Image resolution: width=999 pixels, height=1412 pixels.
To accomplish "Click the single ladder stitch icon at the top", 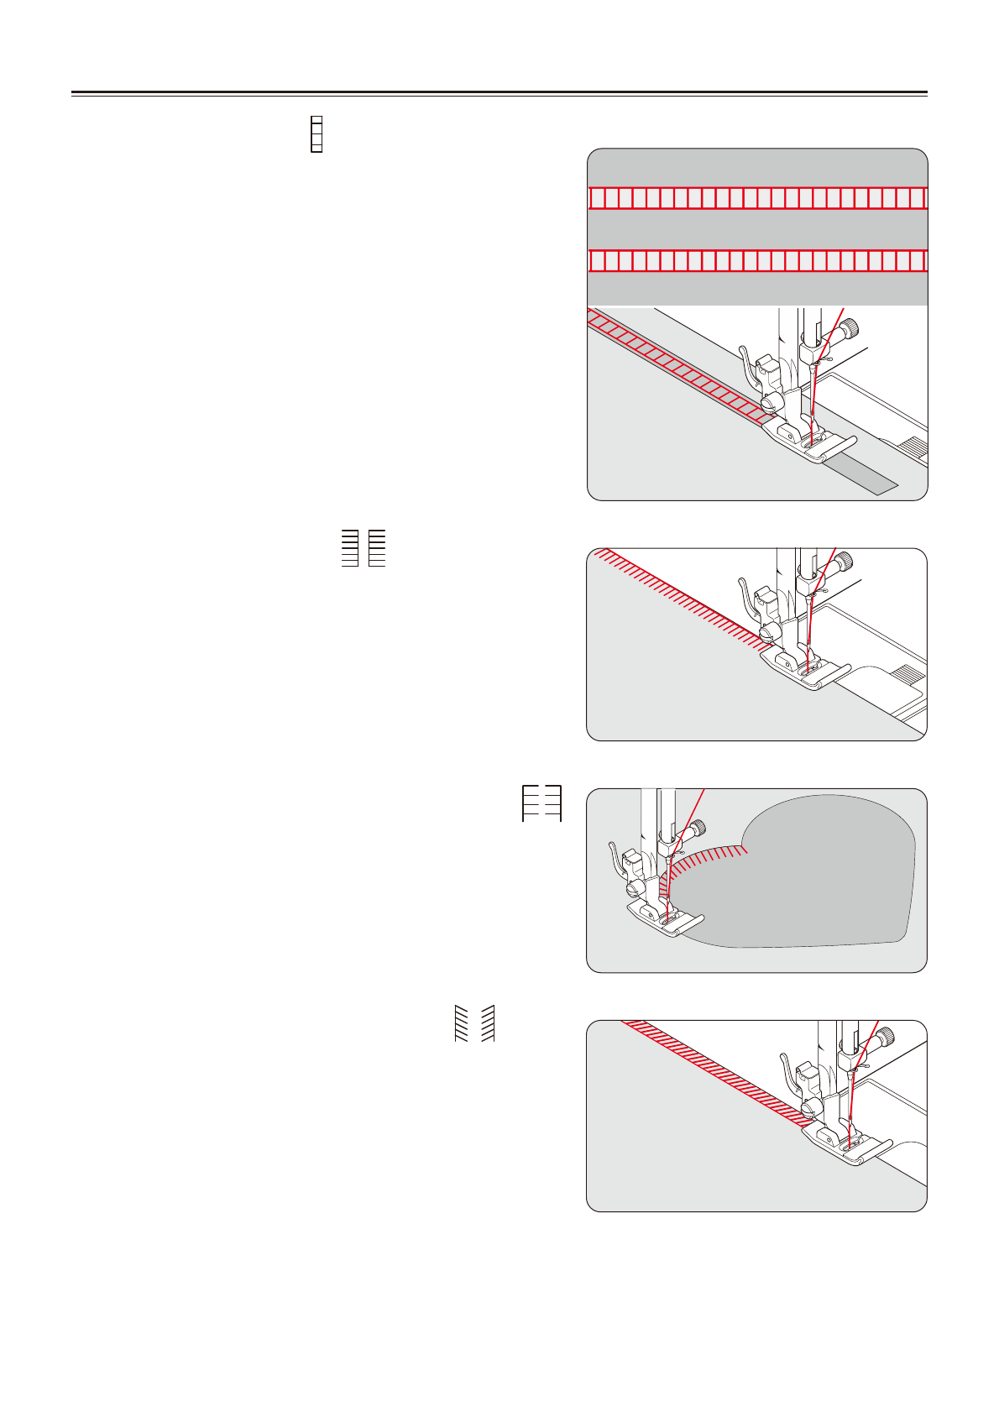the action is [316, 134].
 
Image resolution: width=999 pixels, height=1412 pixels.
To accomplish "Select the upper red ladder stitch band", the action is [757, 198].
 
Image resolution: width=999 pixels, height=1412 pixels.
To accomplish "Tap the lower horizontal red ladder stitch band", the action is [757, 261].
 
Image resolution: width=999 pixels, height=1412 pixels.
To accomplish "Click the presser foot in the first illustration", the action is [806, 440].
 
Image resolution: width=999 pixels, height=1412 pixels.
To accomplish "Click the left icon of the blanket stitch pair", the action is [350, 548].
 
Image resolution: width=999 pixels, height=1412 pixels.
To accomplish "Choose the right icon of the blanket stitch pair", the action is [377, 548].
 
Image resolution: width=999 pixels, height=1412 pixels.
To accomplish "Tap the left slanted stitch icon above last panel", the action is [460, 1023].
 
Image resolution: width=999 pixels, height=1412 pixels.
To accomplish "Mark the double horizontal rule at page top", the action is [499, 93].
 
